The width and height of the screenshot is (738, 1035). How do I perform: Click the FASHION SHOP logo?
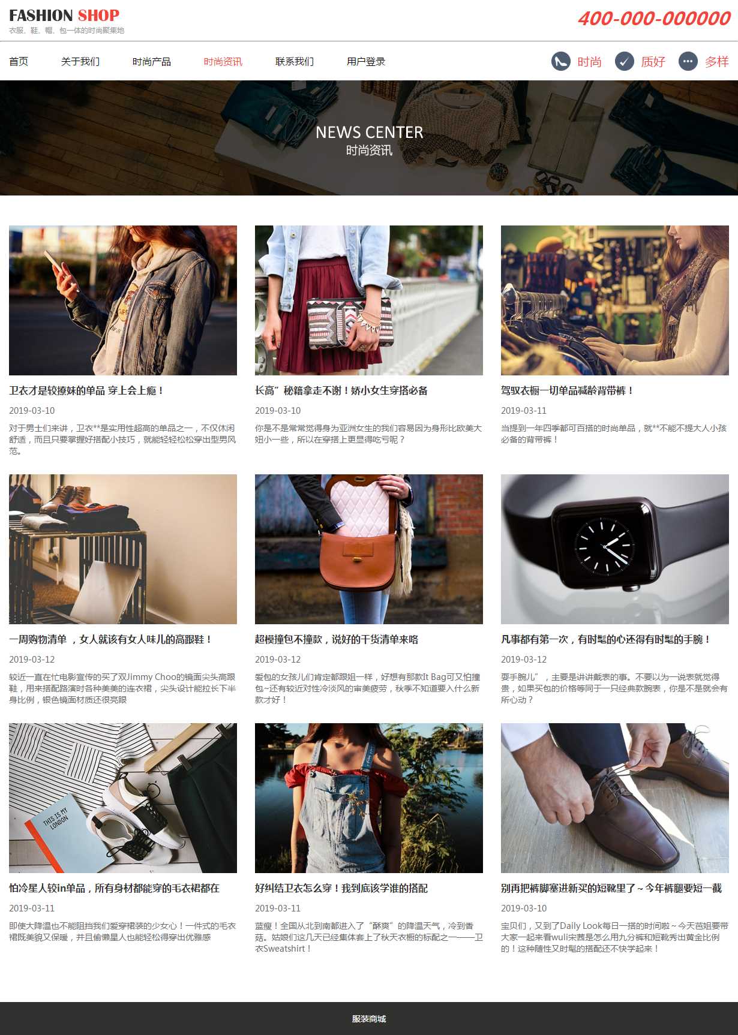tap(64, 16)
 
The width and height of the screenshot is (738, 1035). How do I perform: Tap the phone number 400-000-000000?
tap(654, 19)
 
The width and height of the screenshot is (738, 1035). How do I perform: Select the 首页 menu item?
tap(19, 61)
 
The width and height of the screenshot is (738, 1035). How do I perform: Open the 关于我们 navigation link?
tap(80, 61)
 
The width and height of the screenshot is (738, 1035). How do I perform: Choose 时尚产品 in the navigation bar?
tap(152, 61)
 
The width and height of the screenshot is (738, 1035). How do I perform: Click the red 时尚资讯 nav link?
tap(223, 61)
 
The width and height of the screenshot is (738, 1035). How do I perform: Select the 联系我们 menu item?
tap(295, 61)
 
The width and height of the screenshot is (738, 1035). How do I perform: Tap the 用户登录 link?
tap(366, 61)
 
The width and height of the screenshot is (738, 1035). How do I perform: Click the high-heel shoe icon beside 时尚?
tap(561, 61)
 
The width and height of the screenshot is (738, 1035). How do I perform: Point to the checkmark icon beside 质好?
tap(625, 61)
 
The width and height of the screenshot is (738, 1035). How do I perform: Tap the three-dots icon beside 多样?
tap(688, 61)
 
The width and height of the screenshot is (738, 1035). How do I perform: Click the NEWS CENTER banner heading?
tap(369, 132)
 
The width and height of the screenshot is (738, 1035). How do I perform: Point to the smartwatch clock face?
tap(604, 545)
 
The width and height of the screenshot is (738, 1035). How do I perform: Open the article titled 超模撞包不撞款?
tap(337, 639)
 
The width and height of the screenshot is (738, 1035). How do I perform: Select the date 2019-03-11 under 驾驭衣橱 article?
tap(524, 410)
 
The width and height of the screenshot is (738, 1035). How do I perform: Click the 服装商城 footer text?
tap(369, 1019)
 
